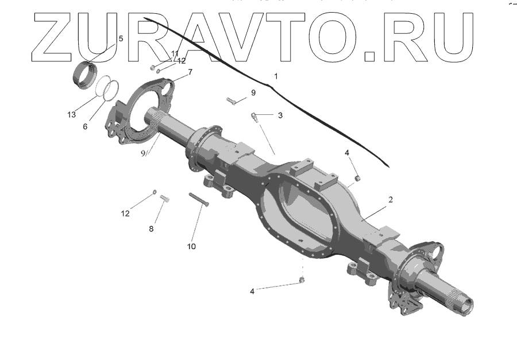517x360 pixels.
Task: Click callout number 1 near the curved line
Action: click(276, 76)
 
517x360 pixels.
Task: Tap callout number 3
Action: click(280, 115)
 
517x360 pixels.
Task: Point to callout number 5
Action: click(121, 38)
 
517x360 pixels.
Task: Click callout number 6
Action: click(85, 126)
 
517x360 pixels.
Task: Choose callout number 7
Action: click(190, 72)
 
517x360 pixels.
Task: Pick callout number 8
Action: click(152, 229)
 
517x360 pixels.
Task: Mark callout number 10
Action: click(191, 246)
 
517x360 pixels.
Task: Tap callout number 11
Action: click(175, 54)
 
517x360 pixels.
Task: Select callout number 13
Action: click(71, 115)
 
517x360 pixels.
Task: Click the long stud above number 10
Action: click(198, 199)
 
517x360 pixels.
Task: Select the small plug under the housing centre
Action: click(302, 280)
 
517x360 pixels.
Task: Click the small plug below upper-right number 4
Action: click(357, 178)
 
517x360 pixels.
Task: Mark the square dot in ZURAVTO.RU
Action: click(371, 56)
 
